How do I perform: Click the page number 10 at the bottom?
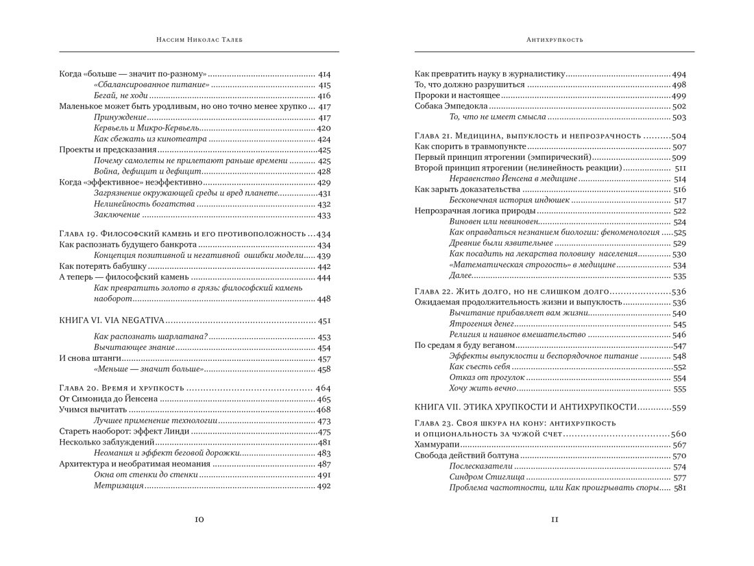tap(198, 519)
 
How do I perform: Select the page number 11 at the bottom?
tap(555, 519)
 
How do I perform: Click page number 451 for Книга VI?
tap(324, 320)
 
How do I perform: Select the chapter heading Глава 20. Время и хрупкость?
tap(123, 388)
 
